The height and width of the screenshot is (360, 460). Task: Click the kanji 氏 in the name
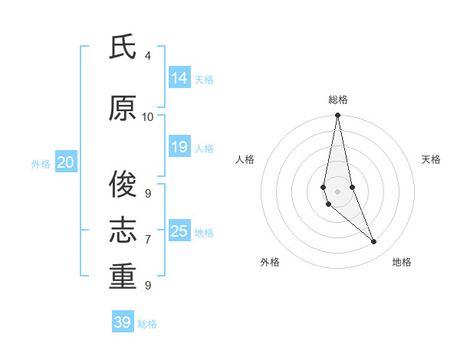(x=123, y=47)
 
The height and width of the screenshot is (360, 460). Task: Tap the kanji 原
(x=123, y=109)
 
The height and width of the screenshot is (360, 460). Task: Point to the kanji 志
(x=123, y=230)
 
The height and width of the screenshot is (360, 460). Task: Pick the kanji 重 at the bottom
(x=123, y=276)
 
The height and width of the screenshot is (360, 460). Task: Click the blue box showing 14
(x=179, y=77)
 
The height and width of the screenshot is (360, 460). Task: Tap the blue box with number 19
(x=179, y=147)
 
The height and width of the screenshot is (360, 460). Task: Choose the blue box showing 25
(x=179, y=231)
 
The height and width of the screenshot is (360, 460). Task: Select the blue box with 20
(x=66, y=162)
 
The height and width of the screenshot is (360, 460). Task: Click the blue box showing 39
(x=123, y=322)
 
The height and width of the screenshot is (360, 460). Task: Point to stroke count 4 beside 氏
(x=148, y=56)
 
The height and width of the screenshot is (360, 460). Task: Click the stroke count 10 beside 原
(x=148, y=117)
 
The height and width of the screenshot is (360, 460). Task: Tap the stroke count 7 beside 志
(x=148, y=240)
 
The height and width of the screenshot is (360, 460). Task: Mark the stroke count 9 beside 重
(x=148, y=285)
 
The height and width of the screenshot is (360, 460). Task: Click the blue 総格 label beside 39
(x=148, y=324)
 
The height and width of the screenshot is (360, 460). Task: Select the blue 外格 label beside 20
(x=41, y=163)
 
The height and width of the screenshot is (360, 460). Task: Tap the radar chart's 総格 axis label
(x=338, y=100)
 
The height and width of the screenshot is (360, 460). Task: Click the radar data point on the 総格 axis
(x=338, y=116)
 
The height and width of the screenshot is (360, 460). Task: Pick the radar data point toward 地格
(x=374, y=242)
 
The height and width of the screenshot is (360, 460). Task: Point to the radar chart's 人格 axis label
(x=245, y=159)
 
